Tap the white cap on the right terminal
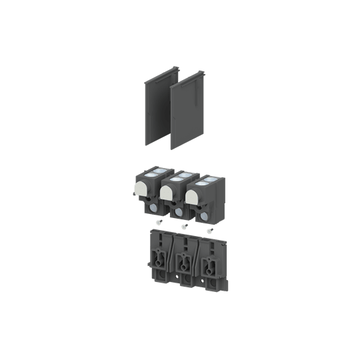click(193, 196)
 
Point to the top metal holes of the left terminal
click(153, 172)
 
